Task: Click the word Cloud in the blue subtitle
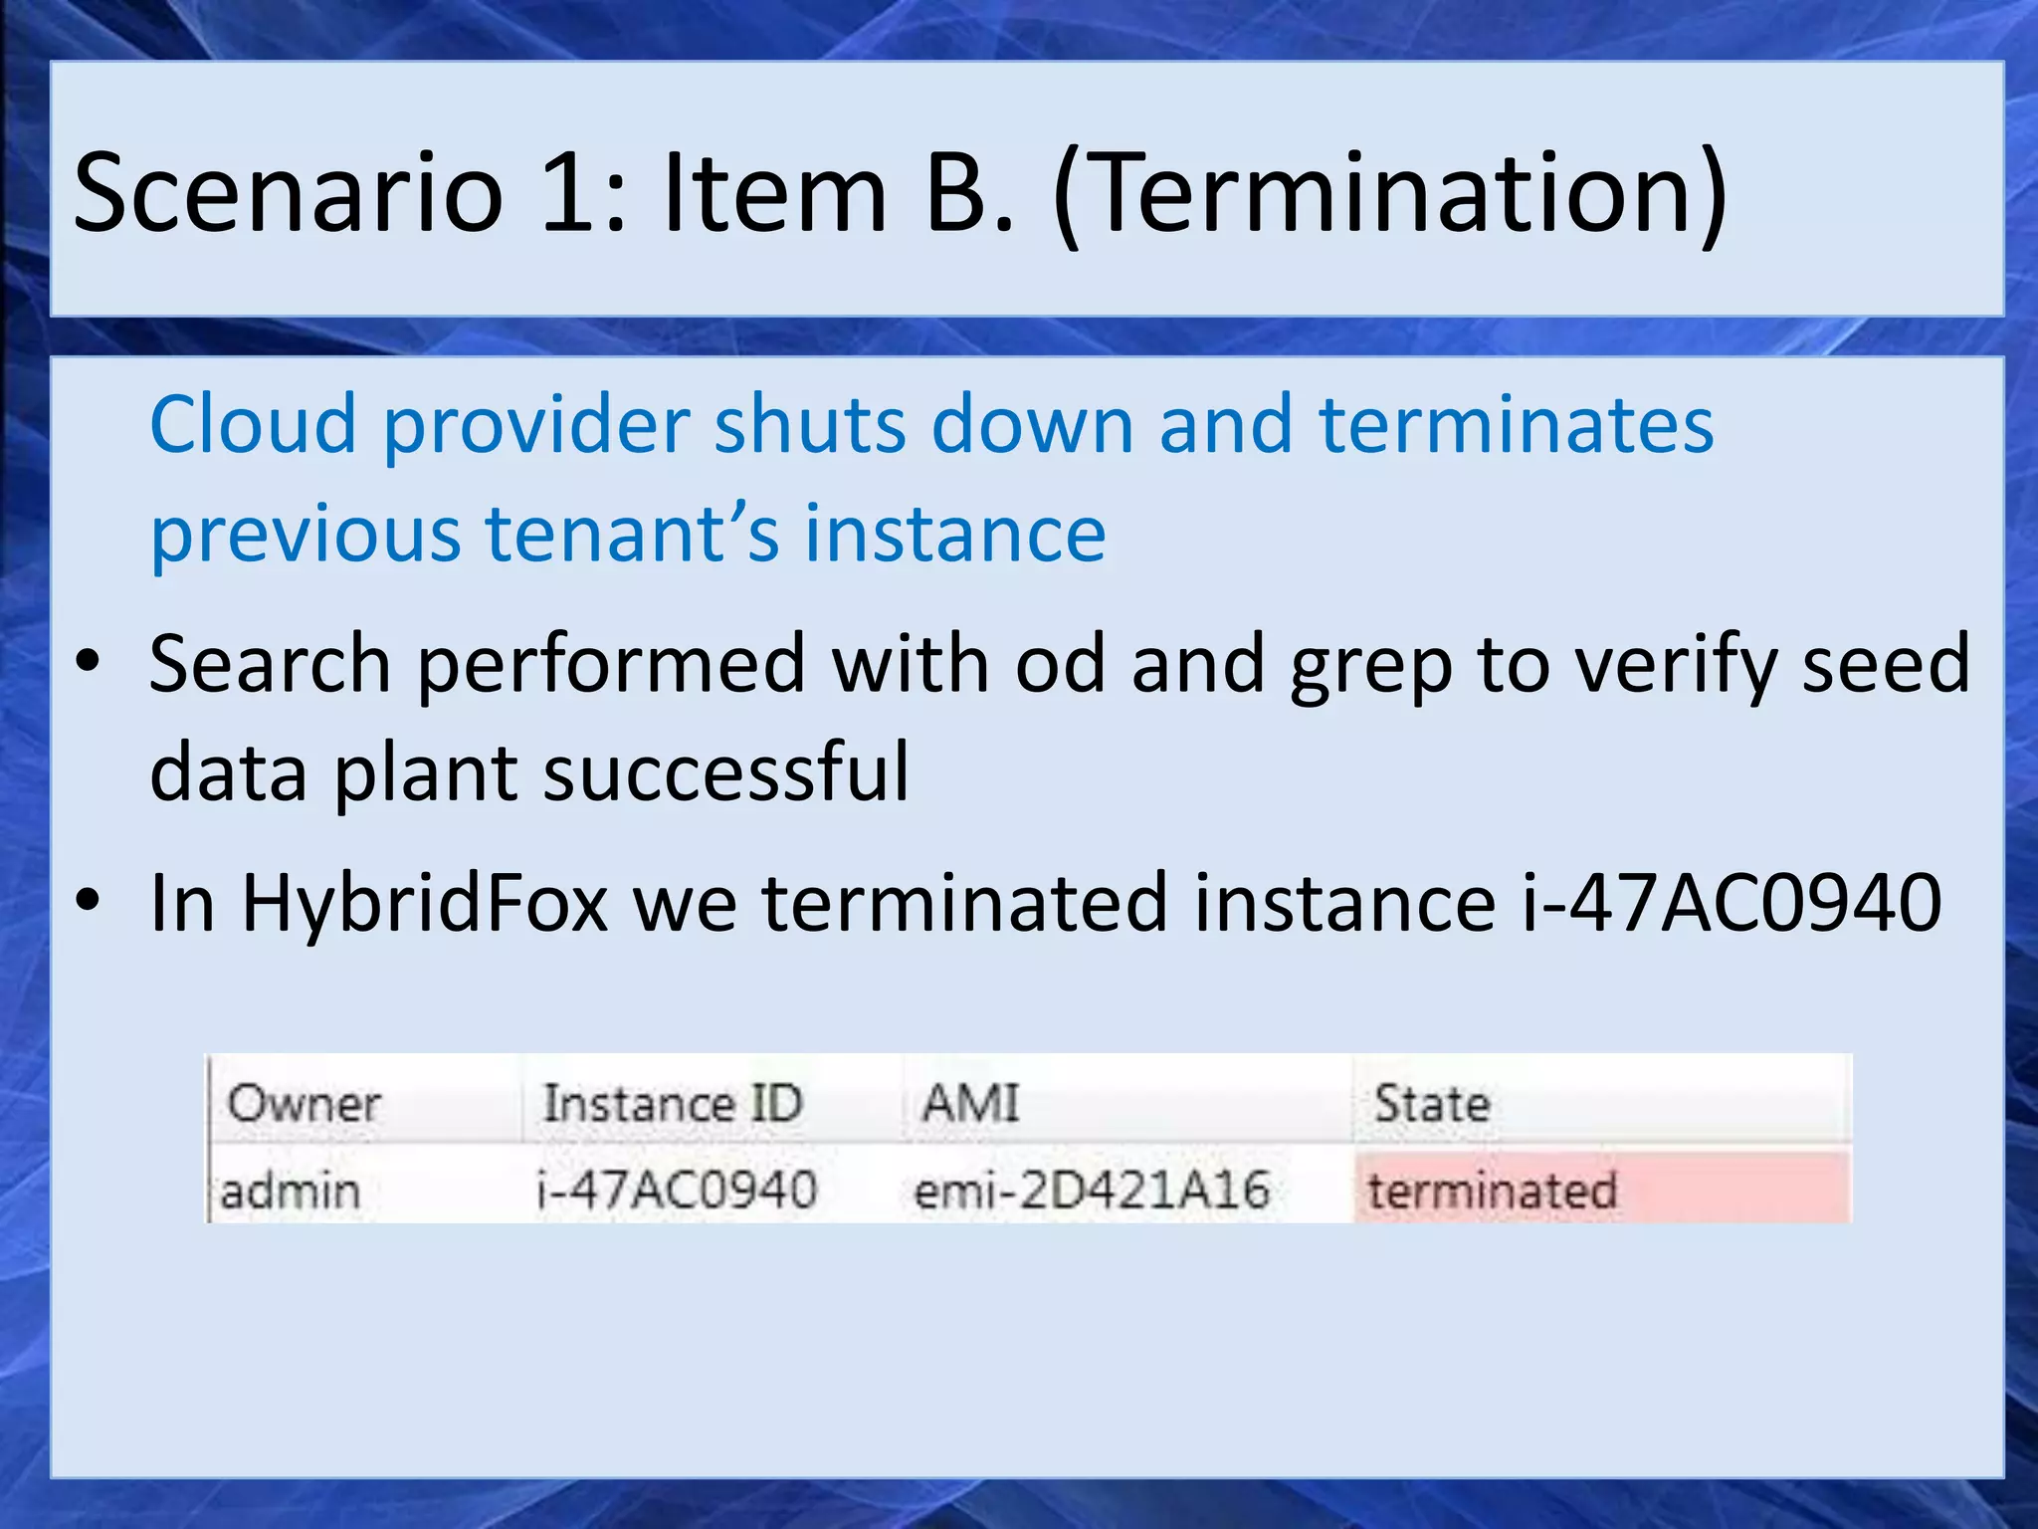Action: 253,424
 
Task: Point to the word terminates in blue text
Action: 1517,424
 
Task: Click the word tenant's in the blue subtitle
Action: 632,534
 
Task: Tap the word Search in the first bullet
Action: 270,665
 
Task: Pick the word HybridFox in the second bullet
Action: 425,903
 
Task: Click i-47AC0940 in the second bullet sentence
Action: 1732,903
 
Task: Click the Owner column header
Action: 304,1103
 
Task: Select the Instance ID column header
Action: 673,1103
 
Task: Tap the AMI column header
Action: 970,1103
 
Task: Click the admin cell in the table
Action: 290,1191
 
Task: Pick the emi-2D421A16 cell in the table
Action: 1092,1191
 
